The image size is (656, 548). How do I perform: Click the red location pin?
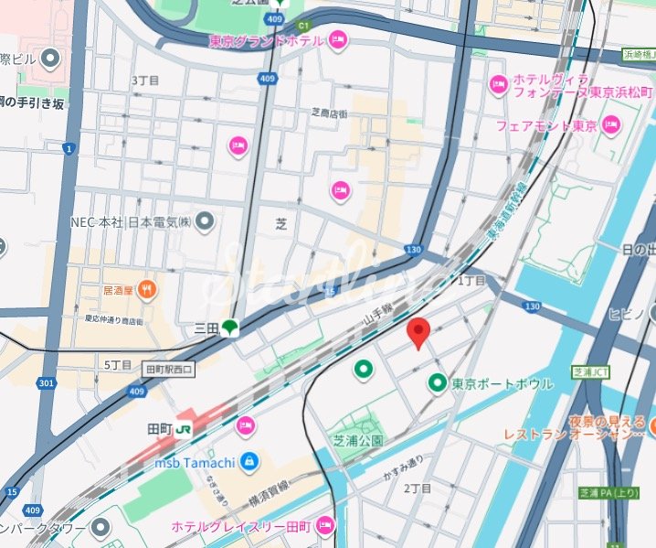click(418, 333)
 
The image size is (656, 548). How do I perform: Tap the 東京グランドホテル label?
click(266, 40)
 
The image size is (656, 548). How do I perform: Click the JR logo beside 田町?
click(185, 428)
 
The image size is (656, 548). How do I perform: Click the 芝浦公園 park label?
click(357, 440)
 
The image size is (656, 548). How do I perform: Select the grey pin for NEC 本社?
click(206, 220)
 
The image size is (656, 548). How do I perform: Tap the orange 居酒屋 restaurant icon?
click(148, 291)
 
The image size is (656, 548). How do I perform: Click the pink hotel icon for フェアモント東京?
click(610, 124)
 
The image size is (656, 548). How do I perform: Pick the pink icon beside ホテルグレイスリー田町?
click(325, 526)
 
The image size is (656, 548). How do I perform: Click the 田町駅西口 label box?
click(170, 370)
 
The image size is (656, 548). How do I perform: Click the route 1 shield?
click(68, 147)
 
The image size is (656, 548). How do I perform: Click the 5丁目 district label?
click(119, 364)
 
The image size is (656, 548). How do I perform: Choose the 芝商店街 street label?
click(329, 113)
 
